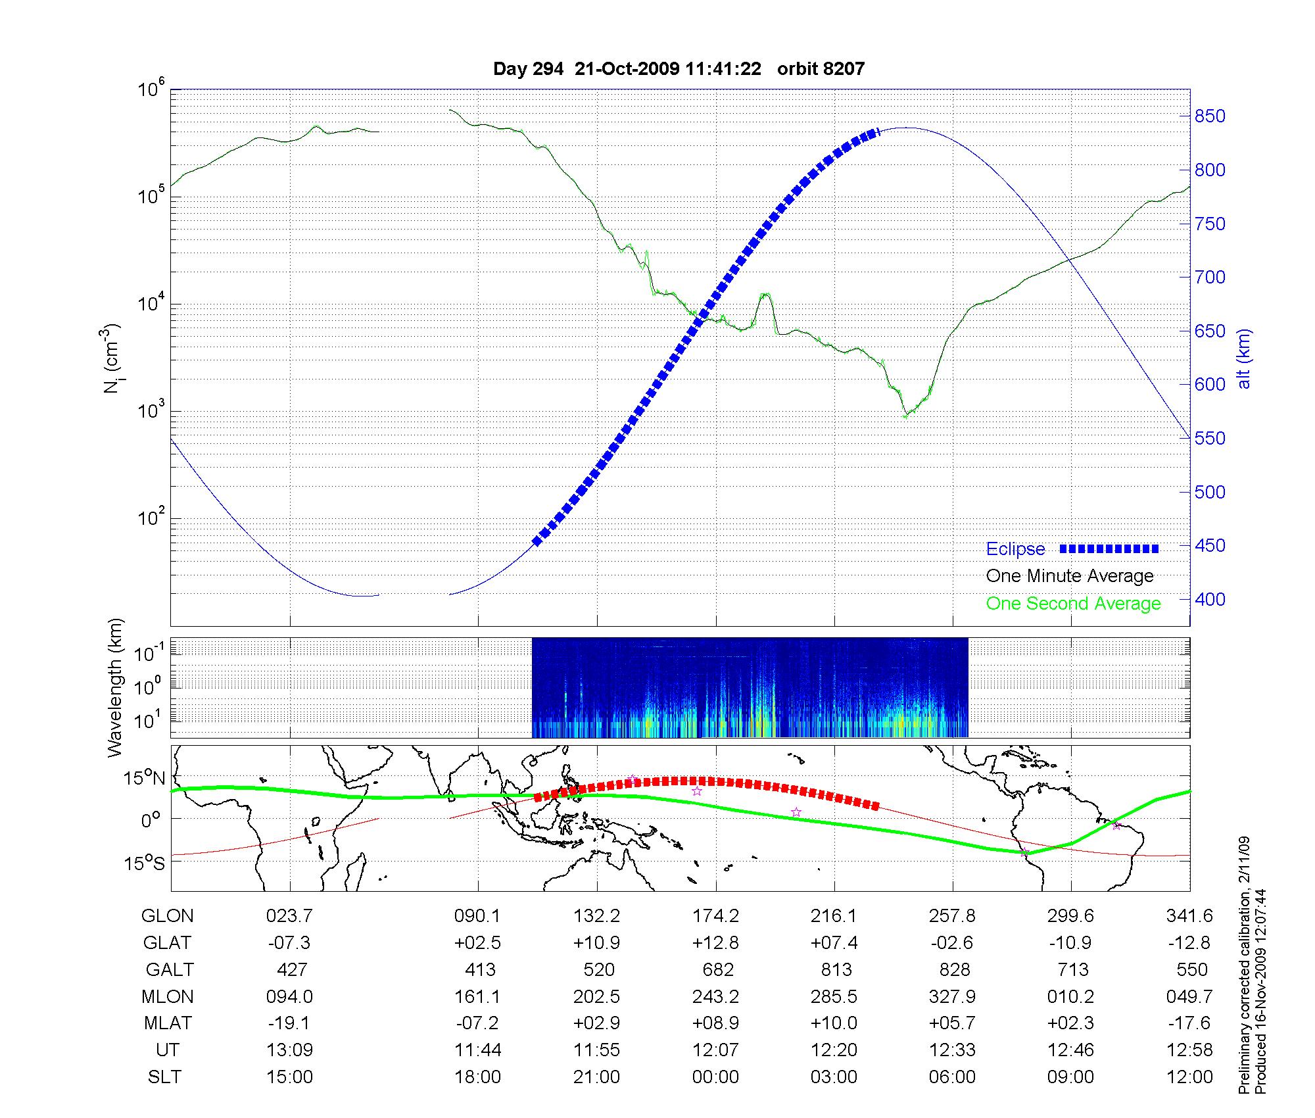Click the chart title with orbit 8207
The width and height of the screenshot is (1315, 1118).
point(679,69)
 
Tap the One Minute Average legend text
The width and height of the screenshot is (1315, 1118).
point(1070,576)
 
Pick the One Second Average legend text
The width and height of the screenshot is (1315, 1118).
point(1073,604)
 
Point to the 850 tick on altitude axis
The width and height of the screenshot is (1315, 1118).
point(1210,116)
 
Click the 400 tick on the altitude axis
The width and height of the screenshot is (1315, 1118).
point(1210,599)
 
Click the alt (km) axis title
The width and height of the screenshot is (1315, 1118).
point(1243,358)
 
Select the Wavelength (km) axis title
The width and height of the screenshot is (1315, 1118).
point(116,687)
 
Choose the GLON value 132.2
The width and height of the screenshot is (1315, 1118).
point(597,915)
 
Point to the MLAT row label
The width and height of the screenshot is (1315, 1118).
point(168,1023)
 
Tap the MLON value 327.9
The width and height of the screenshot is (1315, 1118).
point(952,996)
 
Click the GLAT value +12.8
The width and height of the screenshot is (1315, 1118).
point(715,942)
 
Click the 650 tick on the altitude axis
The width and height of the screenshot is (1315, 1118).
point(1210,331)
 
